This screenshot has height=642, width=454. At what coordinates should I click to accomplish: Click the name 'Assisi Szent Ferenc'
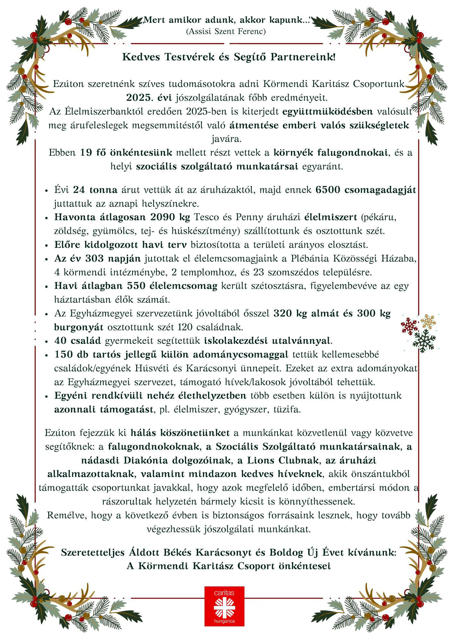click(x=226, y=31)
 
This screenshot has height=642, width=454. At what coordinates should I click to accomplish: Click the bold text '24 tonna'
click(x=95, y=190)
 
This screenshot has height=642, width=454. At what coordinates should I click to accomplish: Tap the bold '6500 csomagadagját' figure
click(x=366, y=190)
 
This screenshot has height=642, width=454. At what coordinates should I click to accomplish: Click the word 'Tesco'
click(x=206, y=217)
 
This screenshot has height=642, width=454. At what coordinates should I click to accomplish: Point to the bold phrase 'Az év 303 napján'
click(x=98, y=258)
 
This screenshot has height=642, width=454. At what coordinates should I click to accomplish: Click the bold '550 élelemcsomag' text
click(x=172, y=286)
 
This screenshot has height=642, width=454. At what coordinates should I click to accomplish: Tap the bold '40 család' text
click(x=78, y=340)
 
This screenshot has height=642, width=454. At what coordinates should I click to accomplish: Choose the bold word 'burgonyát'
click(x=79, y=327)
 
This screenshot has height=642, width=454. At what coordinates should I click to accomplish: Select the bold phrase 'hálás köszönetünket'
click(x=180, y=433)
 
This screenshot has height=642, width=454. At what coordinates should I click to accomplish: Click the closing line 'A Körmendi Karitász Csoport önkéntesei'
click(x=229, y=566)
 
